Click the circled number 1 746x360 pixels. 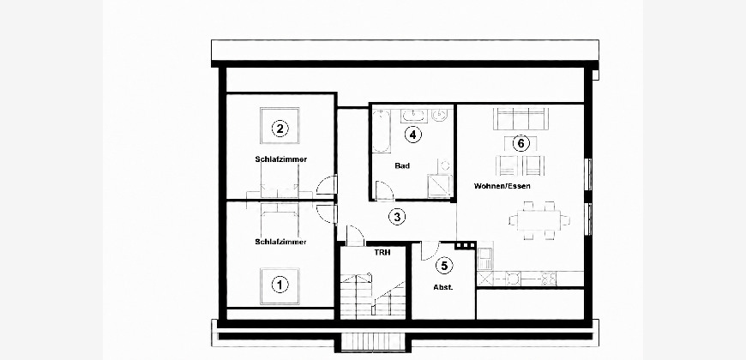click(x=280, y=285)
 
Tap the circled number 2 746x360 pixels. click(x=280, y=128)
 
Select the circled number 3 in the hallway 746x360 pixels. click(x=397, y=218)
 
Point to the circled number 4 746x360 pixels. click(x=413, y=135)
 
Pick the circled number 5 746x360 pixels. click(x=444, y=266)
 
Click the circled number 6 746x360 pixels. click(x=521, y=142)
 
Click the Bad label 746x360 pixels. click(x=402, y=166)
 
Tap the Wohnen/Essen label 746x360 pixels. click(x=502, y=186)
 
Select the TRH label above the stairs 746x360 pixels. click(x=382, y=253)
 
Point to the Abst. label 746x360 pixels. click(x=443, y=287)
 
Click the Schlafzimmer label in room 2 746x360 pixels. click(x=280, y=159)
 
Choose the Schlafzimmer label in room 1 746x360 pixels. click(x=280, y=242)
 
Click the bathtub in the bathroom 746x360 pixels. click(x=381, y=131)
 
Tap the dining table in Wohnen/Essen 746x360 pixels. click(x=539, y=220)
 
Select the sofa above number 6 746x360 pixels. click(x=521, y=118)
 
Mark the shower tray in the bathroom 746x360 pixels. click(x=440, y=186)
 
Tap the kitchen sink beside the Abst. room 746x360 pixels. click(x=484, y=260)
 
